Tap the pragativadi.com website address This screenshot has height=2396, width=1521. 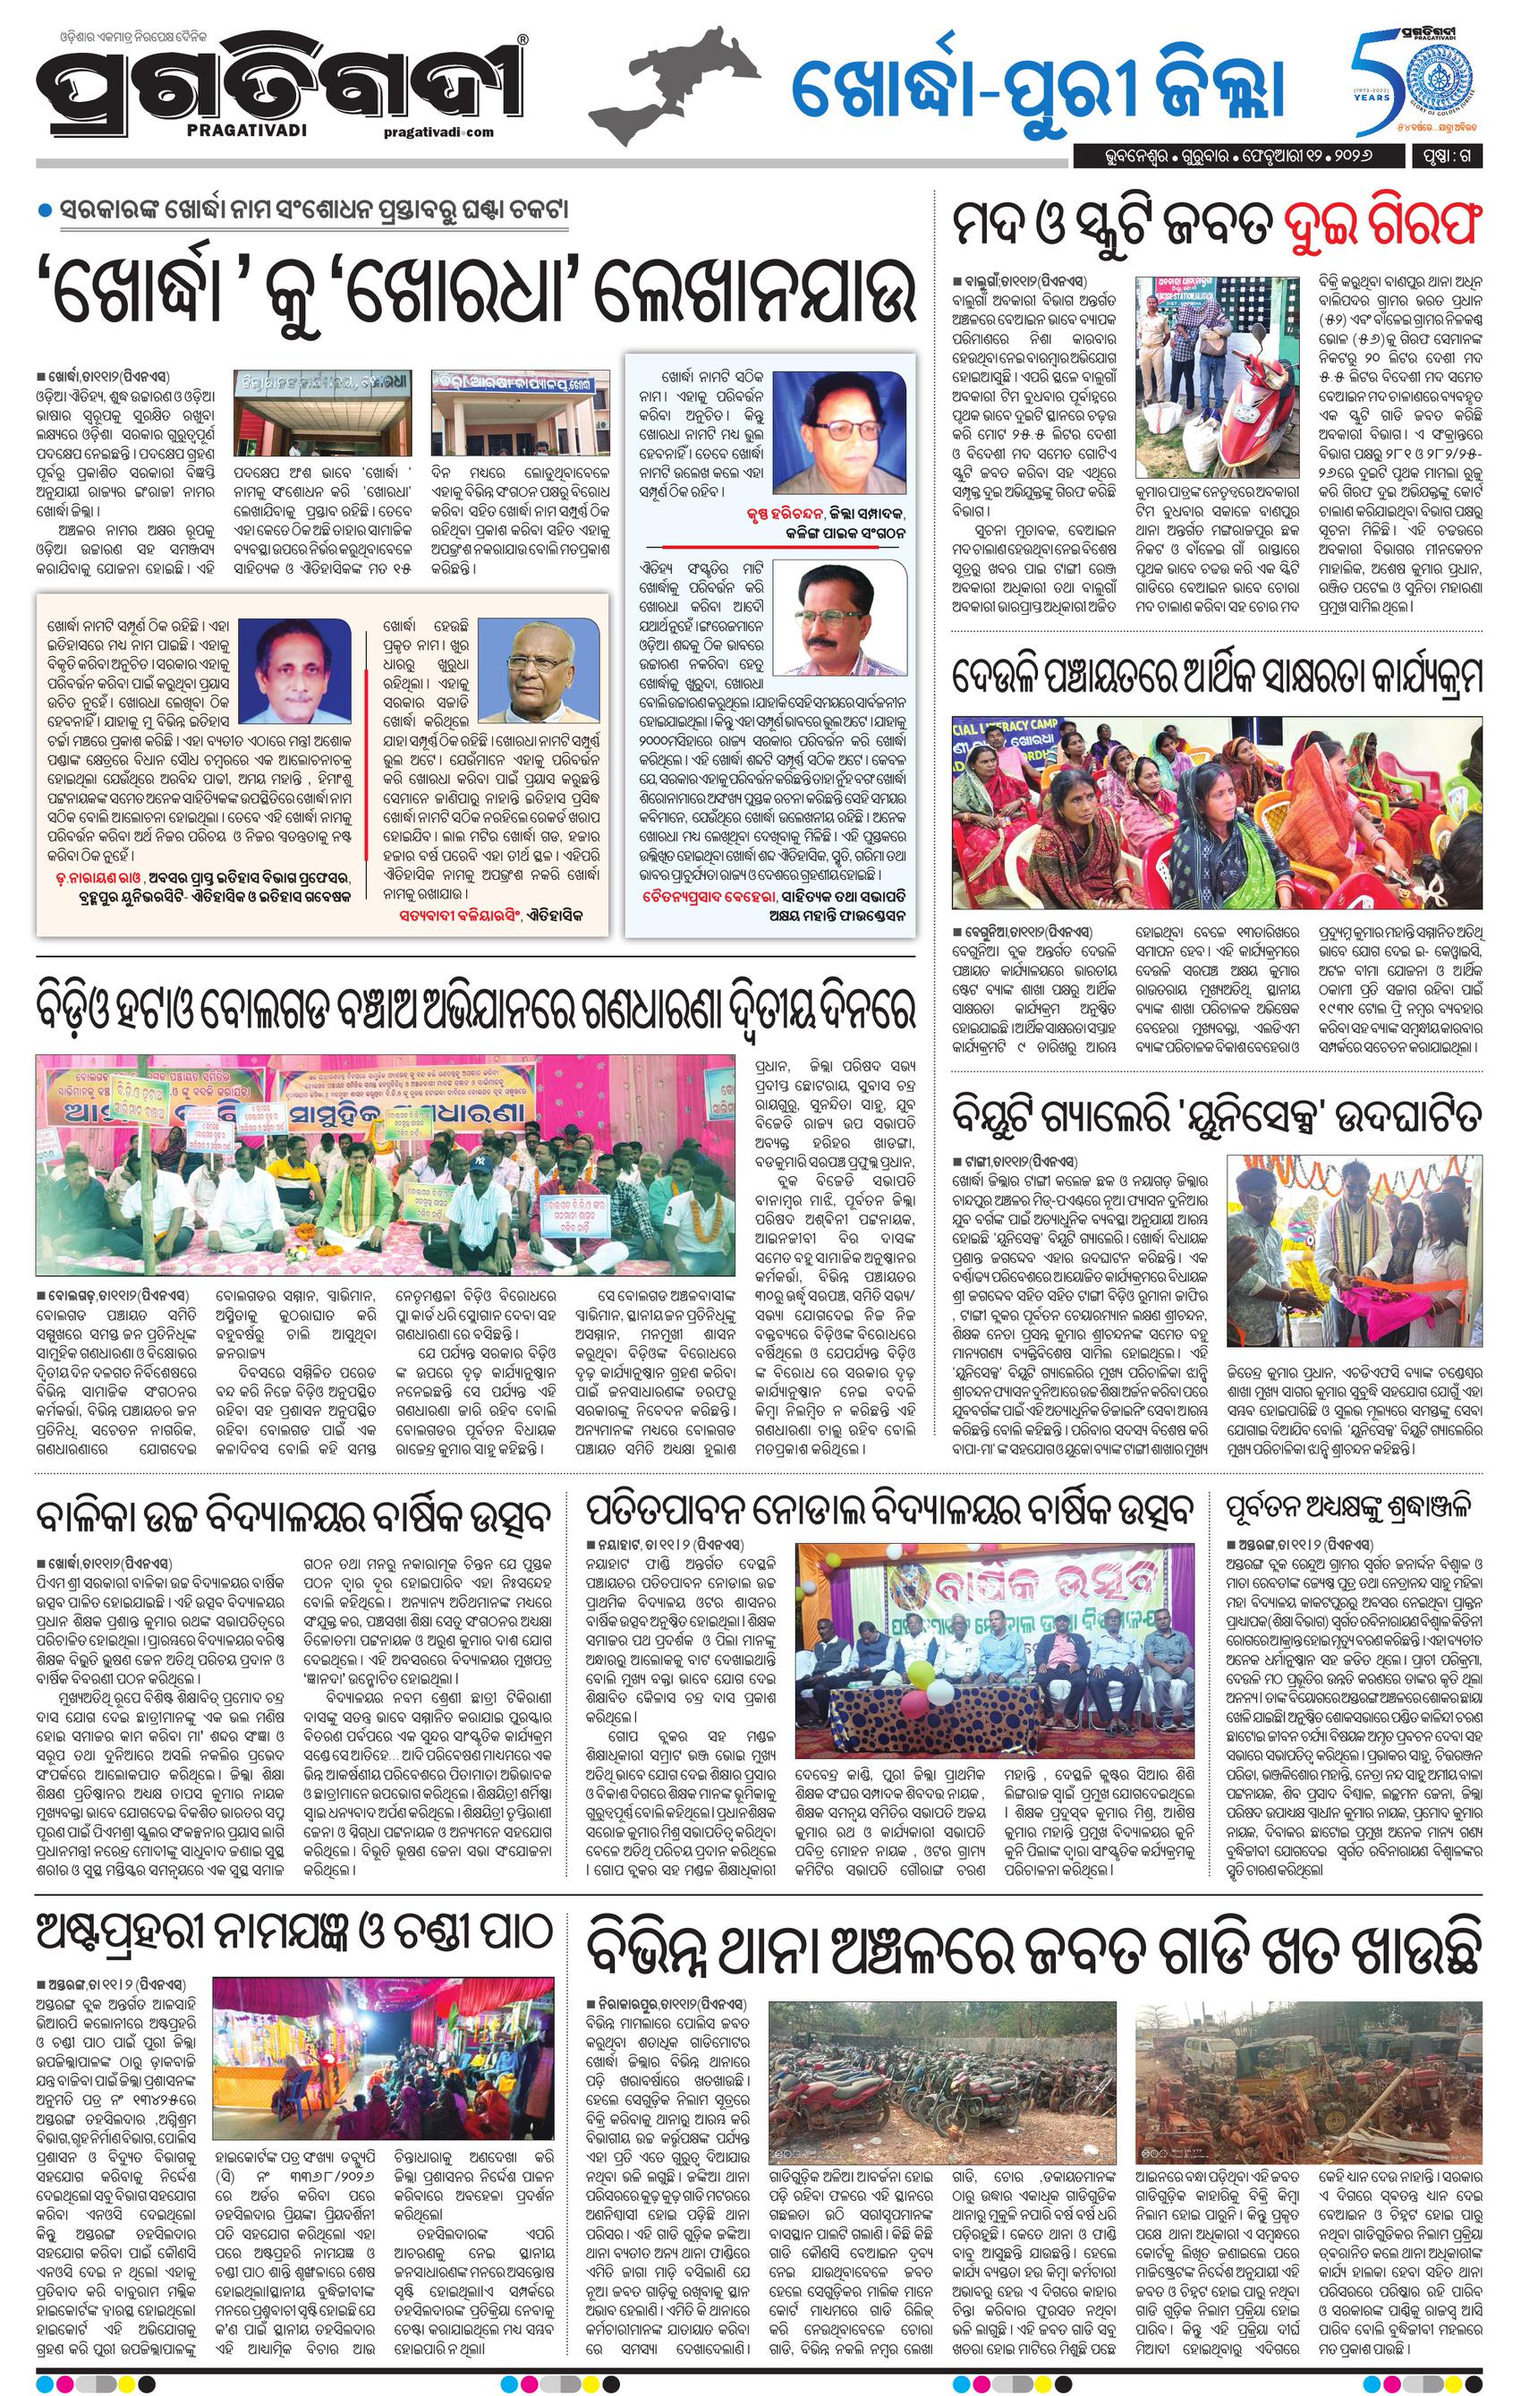[x=437, y=132]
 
